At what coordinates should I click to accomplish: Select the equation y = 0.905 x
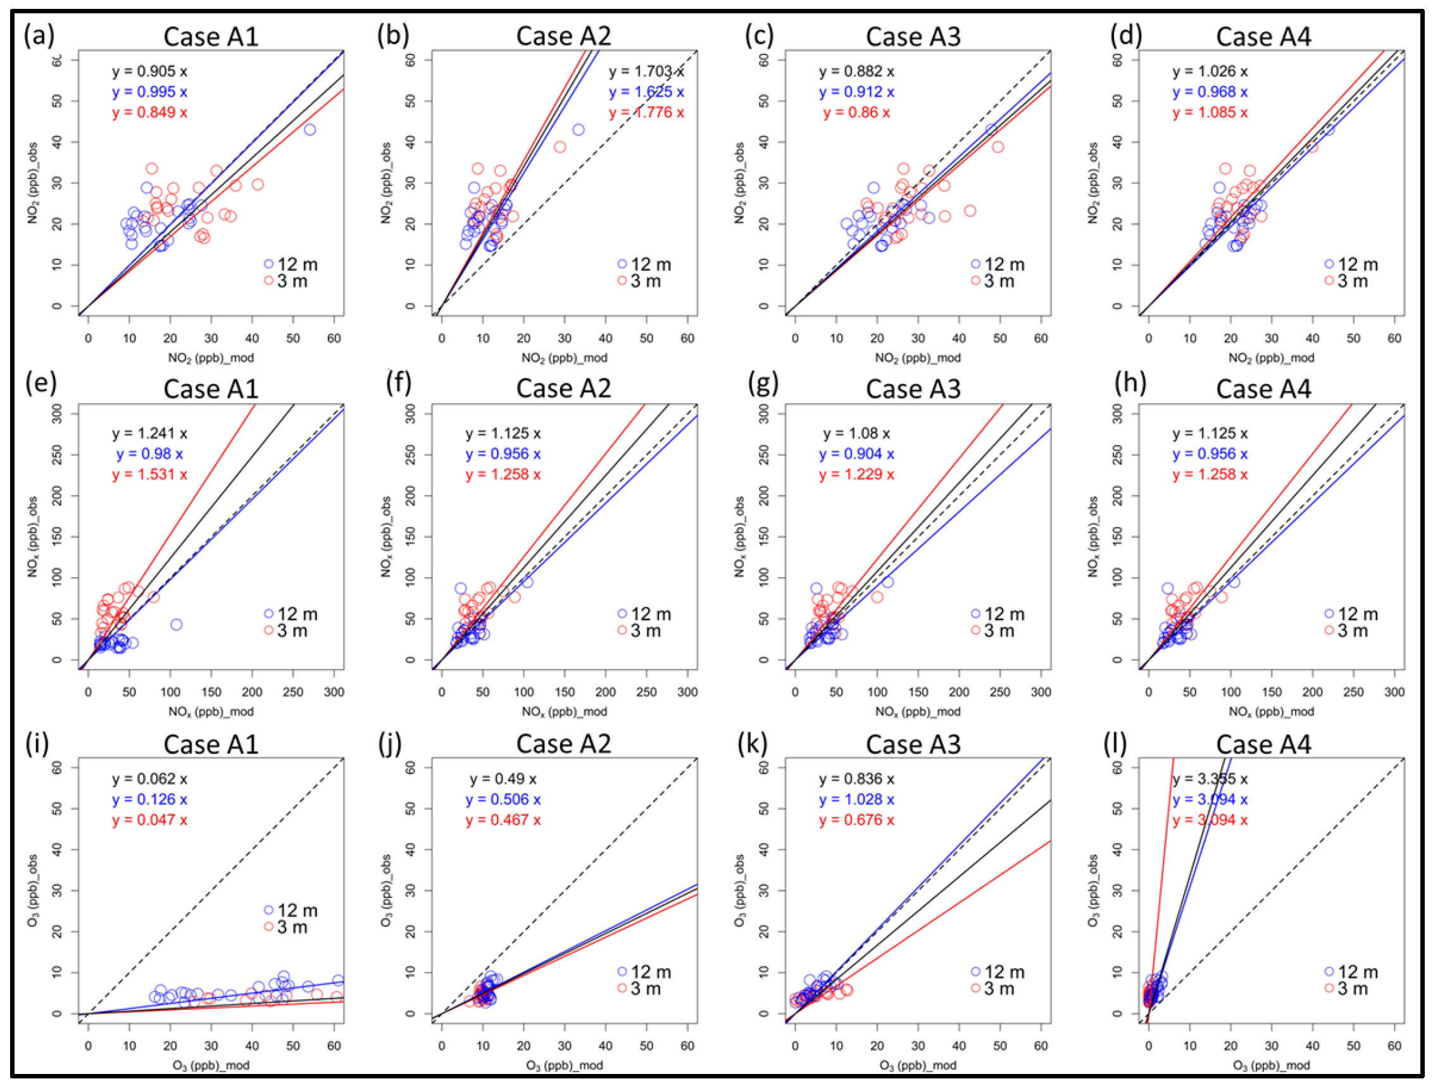(149, 72)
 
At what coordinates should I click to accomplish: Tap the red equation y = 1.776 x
(646, 113)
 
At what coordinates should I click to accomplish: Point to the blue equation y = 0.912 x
(856, 92)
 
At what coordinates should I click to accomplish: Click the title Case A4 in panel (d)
(1263, 37)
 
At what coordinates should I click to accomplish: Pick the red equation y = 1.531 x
(149, 475)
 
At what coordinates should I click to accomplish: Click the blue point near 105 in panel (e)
(176, 625)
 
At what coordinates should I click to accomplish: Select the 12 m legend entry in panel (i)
(292, 911)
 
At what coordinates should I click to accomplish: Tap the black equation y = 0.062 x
(149, 779)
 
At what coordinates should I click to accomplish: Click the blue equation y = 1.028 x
(856, 800)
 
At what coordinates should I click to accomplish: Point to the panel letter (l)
(1115, 744)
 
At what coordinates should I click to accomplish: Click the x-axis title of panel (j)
(563, 1065)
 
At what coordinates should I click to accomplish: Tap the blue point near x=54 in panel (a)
(310, 130)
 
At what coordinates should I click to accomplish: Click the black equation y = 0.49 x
(503, 779)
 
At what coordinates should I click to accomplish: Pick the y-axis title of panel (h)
(1094, 536)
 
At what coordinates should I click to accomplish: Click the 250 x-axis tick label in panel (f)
(646, 692)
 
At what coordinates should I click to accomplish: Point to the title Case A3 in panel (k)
(913, 744)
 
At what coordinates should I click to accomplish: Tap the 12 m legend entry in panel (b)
(644, 264)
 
